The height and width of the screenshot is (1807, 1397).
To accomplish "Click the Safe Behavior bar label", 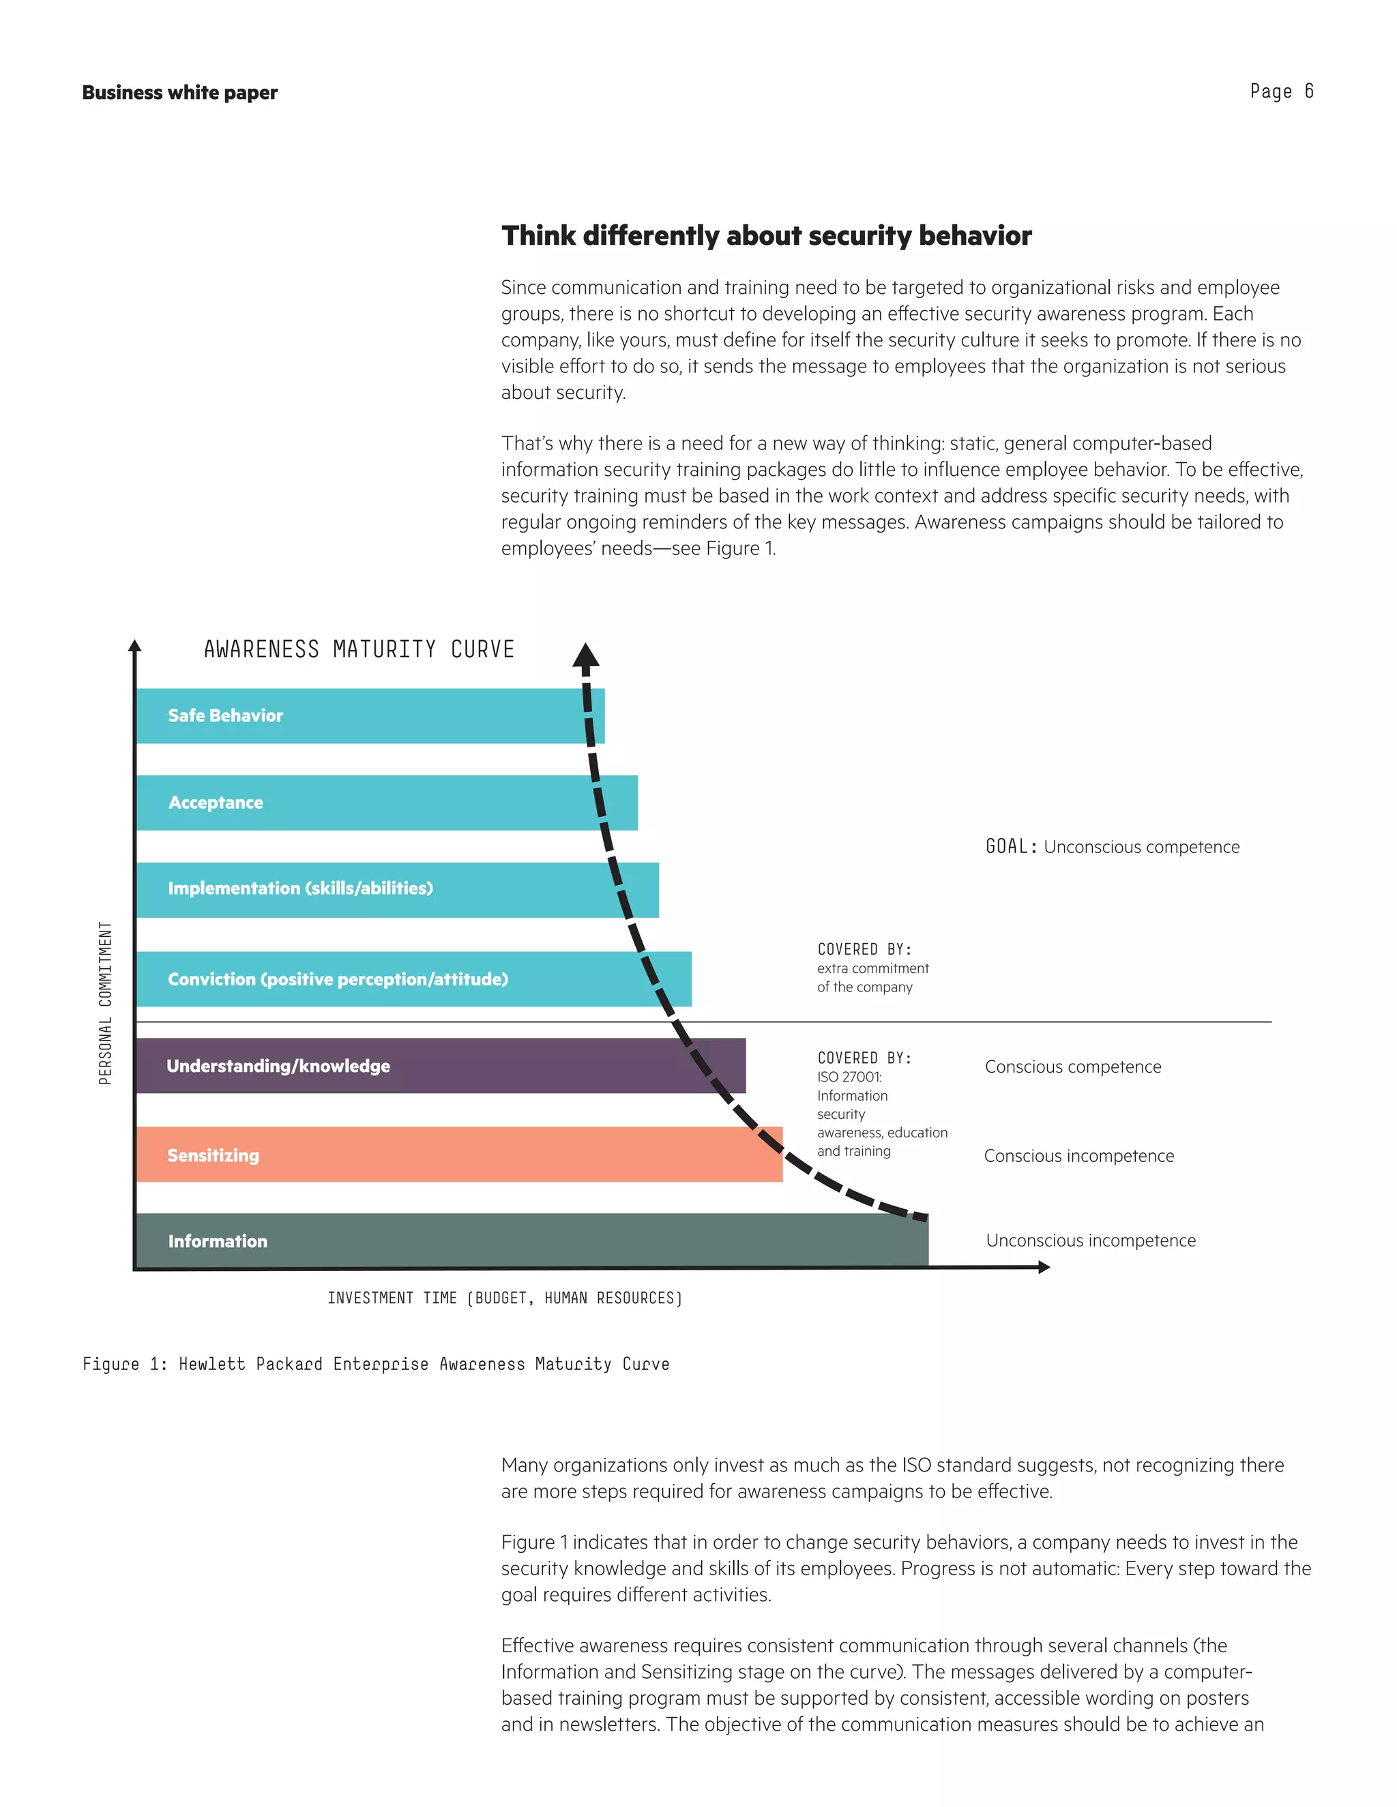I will pyautogui.click(x=225, y=716).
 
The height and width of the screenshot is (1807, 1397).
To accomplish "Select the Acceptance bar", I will pyautogui.click(x=387, y=803).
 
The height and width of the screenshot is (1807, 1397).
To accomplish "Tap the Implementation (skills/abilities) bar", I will pyautogui.click(x=397, y=889).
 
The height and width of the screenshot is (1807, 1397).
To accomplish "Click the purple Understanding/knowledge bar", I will pyautogui.click(x=440, y=1066).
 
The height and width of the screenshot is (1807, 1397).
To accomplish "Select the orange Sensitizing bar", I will pyautogui.click(x=459, y=1155).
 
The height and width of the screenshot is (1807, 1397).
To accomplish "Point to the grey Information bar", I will pyautogui.click(x=531, y=1240).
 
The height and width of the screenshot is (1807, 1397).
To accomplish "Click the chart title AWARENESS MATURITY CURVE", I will pyautogui.click(x=359, y=649).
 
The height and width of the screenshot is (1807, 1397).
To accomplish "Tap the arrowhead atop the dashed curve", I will pyautogui.click(x=586, y=655).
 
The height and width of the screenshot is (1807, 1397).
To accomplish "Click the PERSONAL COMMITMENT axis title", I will pyautogui.click(x=105, y=1003).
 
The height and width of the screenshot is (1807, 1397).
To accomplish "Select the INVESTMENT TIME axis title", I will pyautogui.click(x=505, y=1298).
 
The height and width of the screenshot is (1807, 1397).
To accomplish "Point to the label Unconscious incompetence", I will pyautogui.click(x=1091, y=1240).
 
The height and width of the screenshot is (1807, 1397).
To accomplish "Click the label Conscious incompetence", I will pyautogui.click(x=1078, y=1156).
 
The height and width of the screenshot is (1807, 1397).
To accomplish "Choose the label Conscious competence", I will pyautogui.click(x=1072, y=1066).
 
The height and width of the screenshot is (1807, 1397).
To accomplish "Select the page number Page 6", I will pyautogui.click(x=1281, y=91).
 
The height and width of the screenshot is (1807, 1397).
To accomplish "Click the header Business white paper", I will pyautogui.click(x=179, y=93).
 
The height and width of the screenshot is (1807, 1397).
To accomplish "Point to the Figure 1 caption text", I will pyautogui.click(x=376, y=1364).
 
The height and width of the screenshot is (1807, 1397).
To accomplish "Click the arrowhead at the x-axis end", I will pyautogui.click(x=1044, y=1267).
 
